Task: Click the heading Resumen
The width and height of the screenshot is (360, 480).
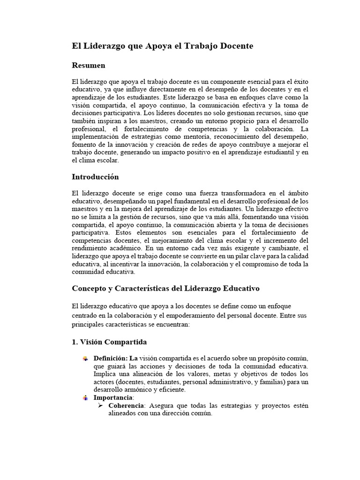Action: pos(88,65)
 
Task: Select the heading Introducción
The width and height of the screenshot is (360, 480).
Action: pos(95,177)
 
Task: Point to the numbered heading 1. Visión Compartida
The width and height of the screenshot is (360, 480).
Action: pos(109,342)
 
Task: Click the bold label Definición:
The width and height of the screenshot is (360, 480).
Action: pos(111,359)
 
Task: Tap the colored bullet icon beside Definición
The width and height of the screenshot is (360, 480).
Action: pos(85,359)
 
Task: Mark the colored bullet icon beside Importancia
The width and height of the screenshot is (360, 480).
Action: pos(85,398)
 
